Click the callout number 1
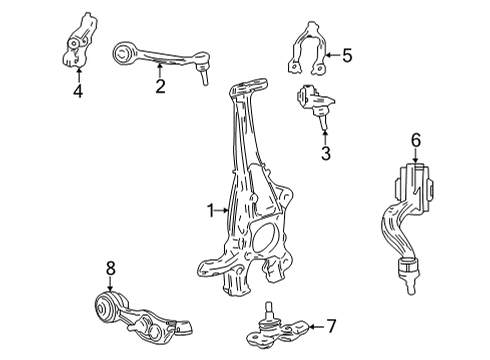(211, 211)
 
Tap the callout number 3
(324, 153)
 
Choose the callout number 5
(347, 56)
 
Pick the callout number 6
(416, 142)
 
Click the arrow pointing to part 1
(225, 211)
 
